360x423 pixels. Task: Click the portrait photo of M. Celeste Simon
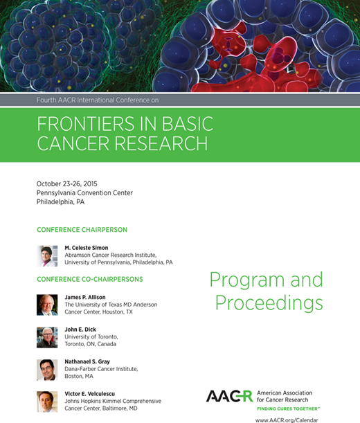(x=47, y=255)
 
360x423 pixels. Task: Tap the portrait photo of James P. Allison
(x=47, y=305)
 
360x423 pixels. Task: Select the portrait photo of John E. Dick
(x=47, y=337)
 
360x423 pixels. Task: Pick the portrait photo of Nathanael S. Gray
(x=47, y=370)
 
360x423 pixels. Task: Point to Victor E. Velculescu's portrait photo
(x=47, y=402)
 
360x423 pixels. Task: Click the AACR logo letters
(x=229, y=396)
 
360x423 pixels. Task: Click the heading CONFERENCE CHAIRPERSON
(x=82, y=230)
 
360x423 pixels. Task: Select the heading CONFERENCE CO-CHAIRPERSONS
(x=90, y=279)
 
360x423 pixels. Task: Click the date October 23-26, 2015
(x=67, y=183)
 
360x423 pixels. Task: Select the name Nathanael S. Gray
(x=94, y=362)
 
